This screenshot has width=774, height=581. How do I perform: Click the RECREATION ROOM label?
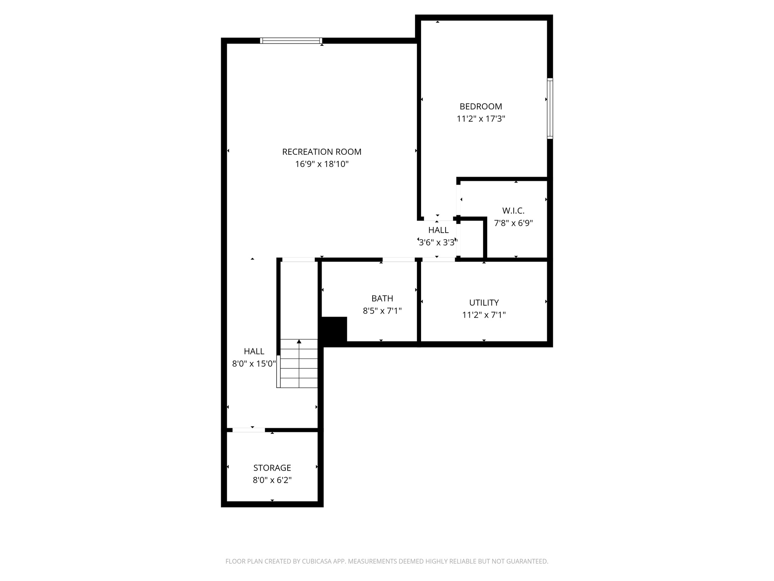point(322,152)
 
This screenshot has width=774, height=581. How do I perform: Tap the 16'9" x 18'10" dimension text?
point(322,164)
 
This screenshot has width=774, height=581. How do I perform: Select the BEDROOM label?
point(481,107)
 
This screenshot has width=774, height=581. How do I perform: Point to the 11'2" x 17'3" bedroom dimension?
point(481,119)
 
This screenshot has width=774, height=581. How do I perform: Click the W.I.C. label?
point(513,211)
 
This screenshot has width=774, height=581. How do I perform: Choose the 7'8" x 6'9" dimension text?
point(513,223)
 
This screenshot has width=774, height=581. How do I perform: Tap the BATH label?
point(382,298)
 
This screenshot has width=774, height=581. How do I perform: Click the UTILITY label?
point(484,303)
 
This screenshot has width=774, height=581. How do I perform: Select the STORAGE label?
point(272,468)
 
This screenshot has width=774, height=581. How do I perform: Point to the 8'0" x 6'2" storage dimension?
point(272,480)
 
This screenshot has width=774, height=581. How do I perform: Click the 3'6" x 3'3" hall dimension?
point(438,242)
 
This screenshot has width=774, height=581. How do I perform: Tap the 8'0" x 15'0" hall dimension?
point(254,364)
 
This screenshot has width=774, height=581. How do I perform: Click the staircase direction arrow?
point(299,342)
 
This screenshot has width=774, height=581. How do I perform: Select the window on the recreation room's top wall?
point(291,40)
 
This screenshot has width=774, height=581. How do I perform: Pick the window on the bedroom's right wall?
point(550,108)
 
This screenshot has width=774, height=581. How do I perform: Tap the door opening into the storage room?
point(248,430)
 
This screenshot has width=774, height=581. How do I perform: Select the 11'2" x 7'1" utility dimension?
point(484,315)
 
